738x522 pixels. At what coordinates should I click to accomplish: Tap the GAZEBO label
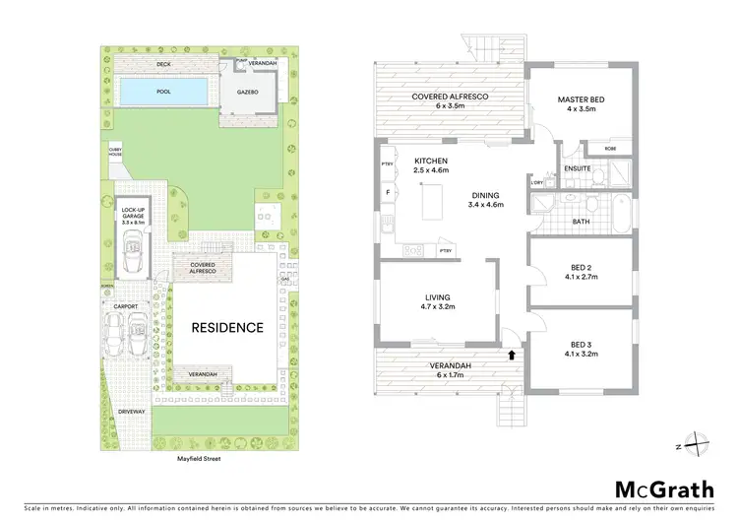point(247,90)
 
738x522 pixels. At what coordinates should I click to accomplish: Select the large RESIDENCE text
point(226,328)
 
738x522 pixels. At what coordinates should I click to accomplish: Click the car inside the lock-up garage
point(133,254)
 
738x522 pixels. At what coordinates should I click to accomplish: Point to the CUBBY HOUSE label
point(115,152)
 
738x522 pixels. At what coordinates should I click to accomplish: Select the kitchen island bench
point(430,202)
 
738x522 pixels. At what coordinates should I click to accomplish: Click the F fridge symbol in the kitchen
point(388,191)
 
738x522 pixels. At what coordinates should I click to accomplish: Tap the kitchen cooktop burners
point(412,248)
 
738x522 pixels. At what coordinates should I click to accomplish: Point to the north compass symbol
point(697,445)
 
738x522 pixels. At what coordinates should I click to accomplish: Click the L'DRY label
point(537,183)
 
